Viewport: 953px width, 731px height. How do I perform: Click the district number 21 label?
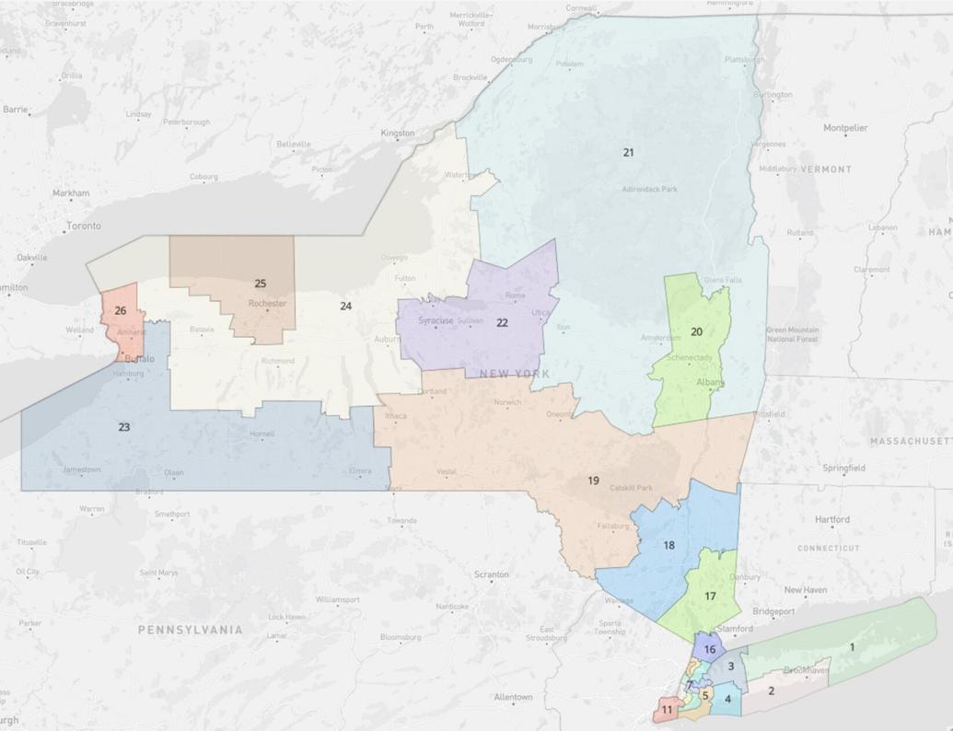coord(628,152)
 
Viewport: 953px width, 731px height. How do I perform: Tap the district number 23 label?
coord(124,427)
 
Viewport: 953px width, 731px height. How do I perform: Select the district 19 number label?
coord(594,481)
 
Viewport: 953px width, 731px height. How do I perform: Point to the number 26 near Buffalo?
coord(120,311)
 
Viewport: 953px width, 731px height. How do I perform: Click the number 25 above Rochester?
coord(261,284)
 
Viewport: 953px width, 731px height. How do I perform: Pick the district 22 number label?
coord(502,323)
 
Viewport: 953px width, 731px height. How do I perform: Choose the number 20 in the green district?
coord(696,331)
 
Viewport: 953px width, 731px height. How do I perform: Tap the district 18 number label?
coord(668,545)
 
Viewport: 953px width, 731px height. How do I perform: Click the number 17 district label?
coord(710,597)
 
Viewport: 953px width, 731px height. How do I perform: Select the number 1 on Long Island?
coord(852,647)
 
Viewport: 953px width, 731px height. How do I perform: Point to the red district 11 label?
coord(666,710)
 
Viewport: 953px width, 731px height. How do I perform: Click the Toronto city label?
coord(83,226)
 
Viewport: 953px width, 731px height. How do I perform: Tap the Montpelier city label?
coord(844,127)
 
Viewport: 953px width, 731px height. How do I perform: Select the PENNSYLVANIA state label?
coord(191,630)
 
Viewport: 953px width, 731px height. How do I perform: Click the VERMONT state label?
coord(826,169)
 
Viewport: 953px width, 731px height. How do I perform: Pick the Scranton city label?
coord(491,574)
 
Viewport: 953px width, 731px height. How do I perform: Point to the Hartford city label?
coord(831,519)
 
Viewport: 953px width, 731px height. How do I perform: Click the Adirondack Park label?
coord(649,189)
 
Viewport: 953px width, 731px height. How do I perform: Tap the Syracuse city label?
coord(436,320)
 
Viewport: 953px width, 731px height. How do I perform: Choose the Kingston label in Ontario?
coord(398,133)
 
